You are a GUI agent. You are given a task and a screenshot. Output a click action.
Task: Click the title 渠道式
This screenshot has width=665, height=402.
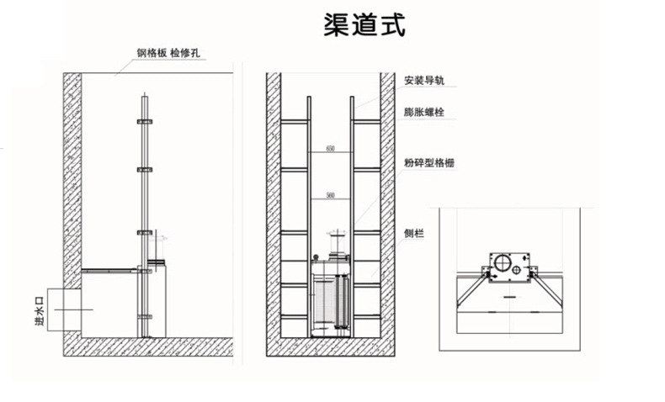[365, 24]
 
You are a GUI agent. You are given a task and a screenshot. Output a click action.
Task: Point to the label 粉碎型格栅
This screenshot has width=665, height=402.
[429, 162]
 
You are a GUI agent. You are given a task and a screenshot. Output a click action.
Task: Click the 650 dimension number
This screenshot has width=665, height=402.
[331, 149]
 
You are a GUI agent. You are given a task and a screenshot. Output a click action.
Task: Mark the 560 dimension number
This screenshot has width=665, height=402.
[331, 195]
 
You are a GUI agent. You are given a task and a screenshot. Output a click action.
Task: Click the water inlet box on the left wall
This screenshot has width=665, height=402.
[65, 309]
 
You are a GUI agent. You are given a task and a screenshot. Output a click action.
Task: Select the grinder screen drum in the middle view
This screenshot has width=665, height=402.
[330, 302]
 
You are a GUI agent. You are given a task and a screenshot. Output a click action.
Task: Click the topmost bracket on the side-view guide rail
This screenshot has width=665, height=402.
[145, 123]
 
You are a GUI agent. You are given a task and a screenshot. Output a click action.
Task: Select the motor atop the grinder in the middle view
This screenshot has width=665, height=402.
[336, 244]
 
